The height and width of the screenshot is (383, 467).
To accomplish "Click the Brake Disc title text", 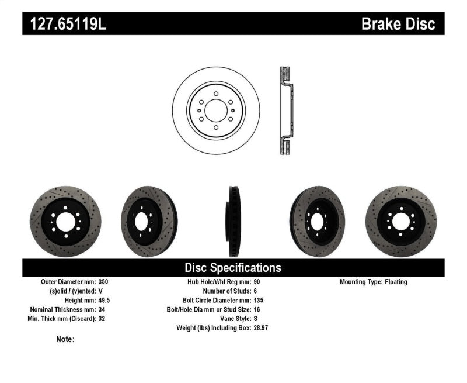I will pos(398,24).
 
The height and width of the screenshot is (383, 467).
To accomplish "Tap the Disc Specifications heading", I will pos(233,268).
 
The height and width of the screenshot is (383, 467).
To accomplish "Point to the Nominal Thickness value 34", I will pos(103,310).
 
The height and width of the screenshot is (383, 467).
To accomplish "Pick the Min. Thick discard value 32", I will pos(103,319).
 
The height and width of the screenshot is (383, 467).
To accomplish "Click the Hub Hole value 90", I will pos(257,282).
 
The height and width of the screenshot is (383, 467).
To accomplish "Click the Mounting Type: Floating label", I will pos(374,282).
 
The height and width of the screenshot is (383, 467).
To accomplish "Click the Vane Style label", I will pos(231,319).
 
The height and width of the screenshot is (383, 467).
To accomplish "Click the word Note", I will pos(65,339).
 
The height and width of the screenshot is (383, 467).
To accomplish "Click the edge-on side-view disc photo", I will pos(233,222).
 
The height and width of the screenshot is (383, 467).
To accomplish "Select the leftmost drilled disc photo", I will pos(65,222).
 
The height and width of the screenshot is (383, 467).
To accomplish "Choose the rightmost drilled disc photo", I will pos(400,222).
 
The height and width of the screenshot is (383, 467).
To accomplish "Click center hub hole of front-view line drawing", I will pos(216,111).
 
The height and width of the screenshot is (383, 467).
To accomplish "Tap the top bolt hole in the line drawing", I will pos(216,94).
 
